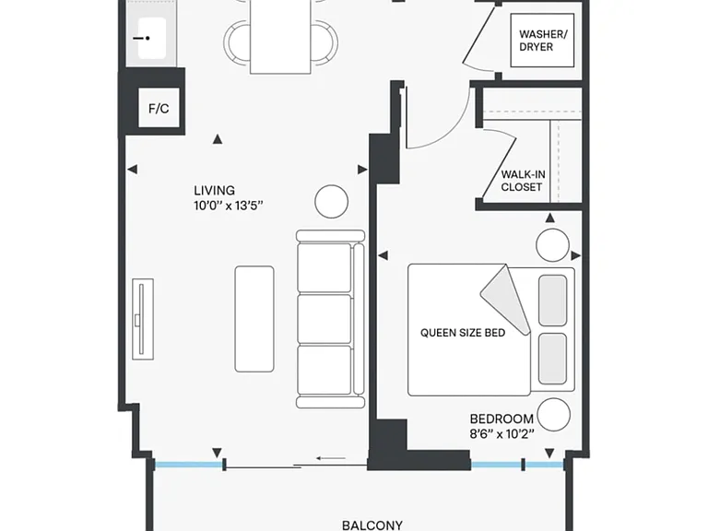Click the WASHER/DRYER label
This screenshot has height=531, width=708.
543,41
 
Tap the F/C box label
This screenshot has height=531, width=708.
159,109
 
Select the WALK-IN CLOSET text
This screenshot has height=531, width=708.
523,181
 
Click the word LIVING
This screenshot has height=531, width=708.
215,190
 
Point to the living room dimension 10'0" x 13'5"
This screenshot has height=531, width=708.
228,206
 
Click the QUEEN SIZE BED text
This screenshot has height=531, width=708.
463,333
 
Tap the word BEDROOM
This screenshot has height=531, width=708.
501,419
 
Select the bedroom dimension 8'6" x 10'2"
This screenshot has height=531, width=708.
501,434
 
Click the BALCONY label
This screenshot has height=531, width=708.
372,525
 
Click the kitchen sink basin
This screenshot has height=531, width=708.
152,39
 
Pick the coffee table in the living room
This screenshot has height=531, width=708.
254,319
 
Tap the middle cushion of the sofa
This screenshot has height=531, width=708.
324,319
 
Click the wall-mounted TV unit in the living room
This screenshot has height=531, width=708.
143,319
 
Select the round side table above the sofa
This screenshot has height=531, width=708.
332,201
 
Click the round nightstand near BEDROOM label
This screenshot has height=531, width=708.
553,415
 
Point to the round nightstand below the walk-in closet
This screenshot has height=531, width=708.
552,245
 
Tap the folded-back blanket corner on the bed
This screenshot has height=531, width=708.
505,300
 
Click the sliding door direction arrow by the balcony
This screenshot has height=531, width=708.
331,458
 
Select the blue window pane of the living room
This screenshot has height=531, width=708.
188,464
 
